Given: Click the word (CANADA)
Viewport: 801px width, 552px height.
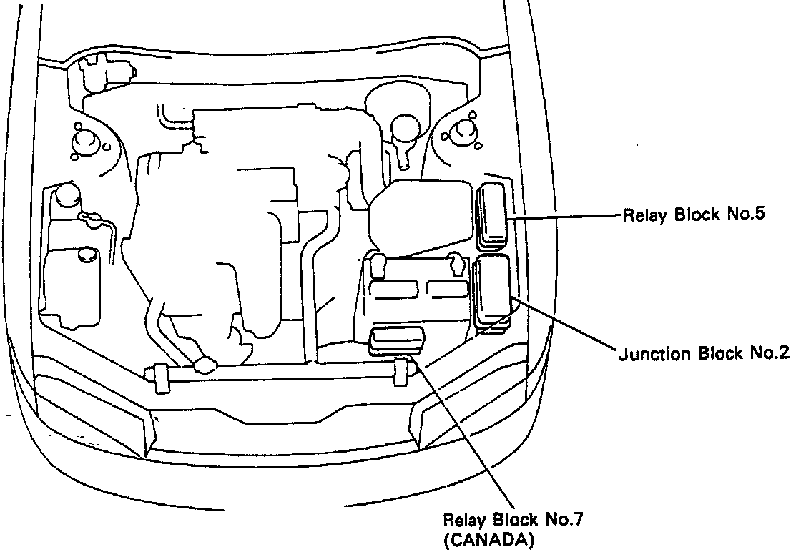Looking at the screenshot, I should [488, 540].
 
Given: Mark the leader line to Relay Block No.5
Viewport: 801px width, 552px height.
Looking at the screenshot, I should [565, 215].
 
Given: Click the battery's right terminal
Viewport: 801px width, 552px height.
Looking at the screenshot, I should [456, 265].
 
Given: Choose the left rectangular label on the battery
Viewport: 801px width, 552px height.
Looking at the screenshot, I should [395, 289].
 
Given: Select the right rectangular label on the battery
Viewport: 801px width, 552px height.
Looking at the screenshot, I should [446, 289].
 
